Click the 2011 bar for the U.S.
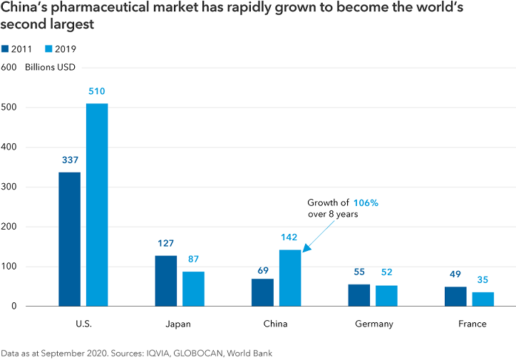coord(70,239)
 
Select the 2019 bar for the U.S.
coord(97,205)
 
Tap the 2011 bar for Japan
coord(166,280)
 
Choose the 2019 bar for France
coord(483,299)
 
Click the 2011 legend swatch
coord(6,49)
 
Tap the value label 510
coord(97,91)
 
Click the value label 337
coord(70,160)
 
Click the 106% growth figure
coord(364,202)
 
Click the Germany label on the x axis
coord(373,324)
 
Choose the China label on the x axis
coord(276,324)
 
